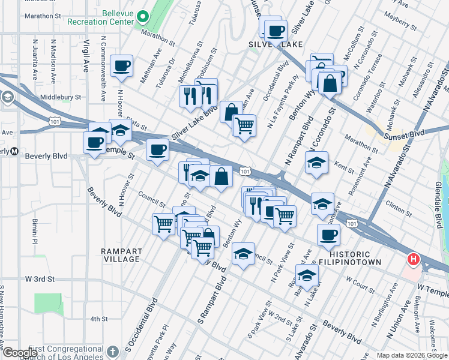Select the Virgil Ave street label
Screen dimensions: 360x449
coord(87,54)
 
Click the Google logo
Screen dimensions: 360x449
coord(20,353)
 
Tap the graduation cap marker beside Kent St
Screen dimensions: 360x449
coord(316,163)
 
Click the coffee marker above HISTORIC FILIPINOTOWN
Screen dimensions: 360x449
coord(328,235)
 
